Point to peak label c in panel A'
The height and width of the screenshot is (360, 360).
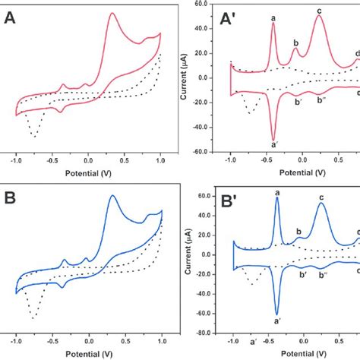tap(319, 10)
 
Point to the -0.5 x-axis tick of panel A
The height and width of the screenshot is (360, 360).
tap(52, 159)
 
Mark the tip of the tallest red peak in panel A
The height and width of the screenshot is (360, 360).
tap(112, 13)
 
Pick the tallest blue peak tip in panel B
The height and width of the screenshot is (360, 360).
tap(113, 195)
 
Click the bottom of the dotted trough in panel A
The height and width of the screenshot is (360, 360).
tap(34, 137)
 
